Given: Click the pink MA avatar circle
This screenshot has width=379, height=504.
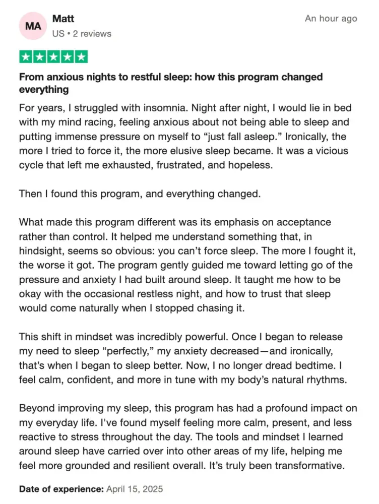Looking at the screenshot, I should point(33,26).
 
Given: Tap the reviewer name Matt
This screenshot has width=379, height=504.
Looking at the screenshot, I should point(63,19).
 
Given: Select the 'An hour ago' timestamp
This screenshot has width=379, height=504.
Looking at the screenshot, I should point(331,19).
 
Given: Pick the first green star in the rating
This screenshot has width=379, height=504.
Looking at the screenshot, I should point(26,56).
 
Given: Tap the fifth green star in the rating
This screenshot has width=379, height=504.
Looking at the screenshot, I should point(81,56).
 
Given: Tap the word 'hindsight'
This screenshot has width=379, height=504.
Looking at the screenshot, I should point(40,251).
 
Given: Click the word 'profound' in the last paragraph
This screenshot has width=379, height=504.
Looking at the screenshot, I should point(275,409).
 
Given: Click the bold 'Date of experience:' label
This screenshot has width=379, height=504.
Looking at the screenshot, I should point(61,489).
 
